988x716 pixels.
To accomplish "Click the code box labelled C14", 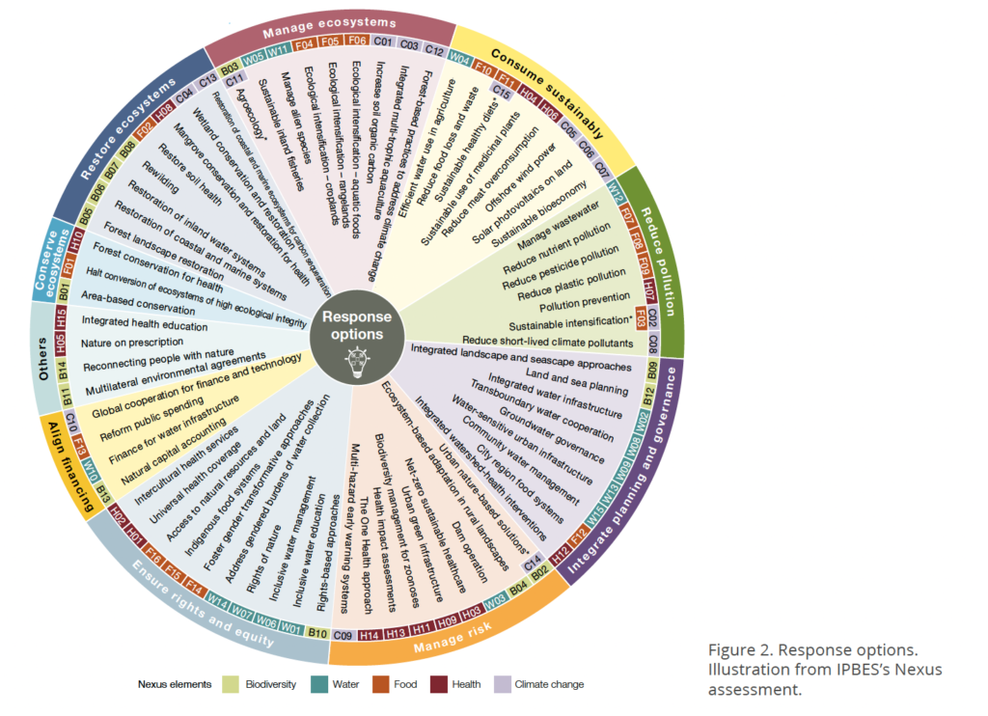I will (532, 560).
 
